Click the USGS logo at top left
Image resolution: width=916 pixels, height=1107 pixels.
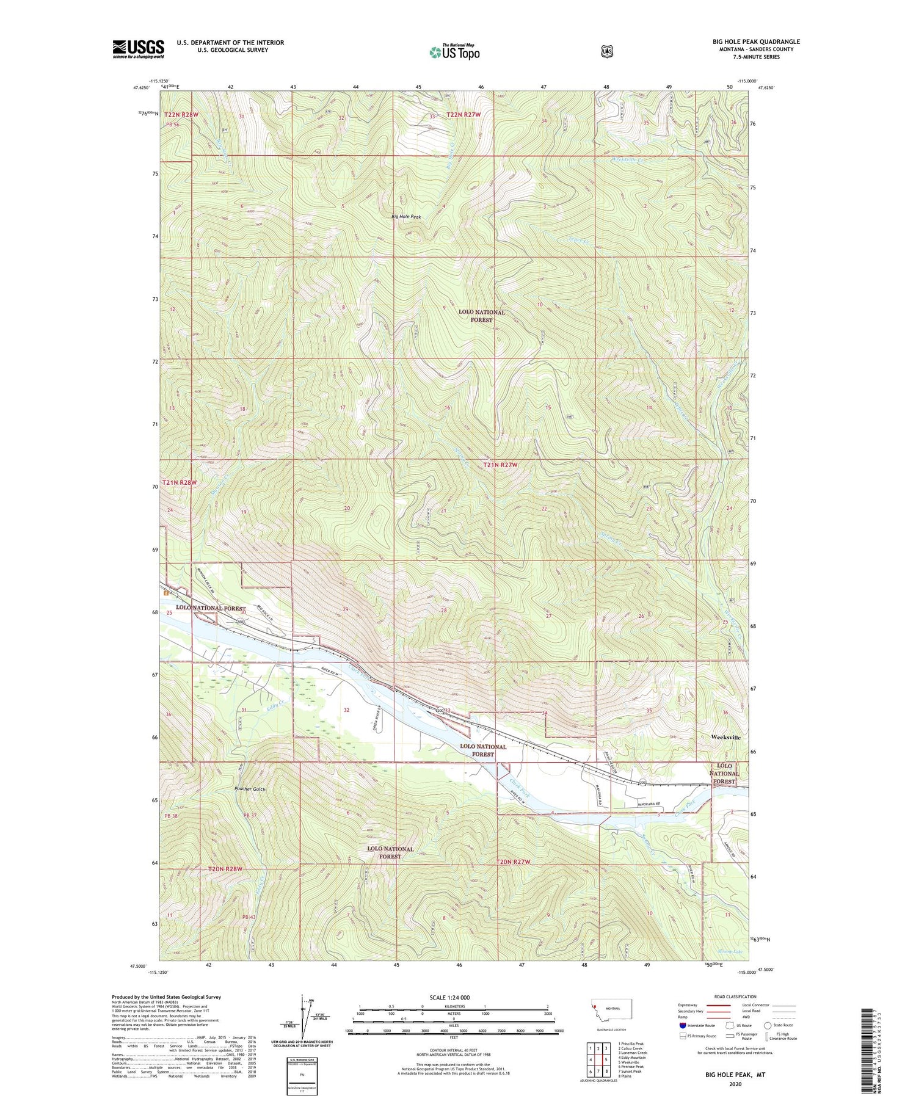click(x=138, y=49)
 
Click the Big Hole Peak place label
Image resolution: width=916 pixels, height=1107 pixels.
click(x=406, y=217)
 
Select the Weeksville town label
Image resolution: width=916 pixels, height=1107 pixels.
click(x=726, y=737)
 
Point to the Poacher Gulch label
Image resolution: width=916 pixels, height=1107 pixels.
click(x=250, y=789)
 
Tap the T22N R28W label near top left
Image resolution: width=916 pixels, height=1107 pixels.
click(x=181, y=115)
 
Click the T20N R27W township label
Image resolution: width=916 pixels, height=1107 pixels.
click(x=513, y=862)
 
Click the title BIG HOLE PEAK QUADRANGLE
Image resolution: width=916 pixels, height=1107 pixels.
click(x=756, y=42)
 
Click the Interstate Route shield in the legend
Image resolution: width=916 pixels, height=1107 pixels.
click(x=682, y=1025)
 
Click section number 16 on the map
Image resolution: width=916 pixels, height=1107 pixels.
click(x=447, y=408)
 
